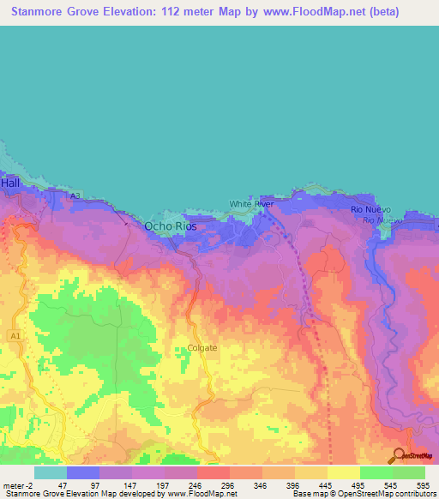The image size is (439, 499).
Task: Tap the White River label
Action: (251, 204)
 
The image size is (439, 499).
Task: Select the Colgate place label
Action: (202, 347)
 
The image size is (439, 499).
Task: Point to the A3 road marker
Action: (75, 196)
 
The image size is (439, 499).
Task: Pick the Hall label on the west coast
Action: (10, 183)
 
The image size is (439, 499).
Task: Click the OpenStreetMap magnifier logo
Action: (400, 455)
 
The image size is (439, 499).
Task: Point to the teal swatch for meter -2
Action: (50, 472)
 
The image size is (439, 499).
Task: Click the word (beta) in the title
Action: (402, 13)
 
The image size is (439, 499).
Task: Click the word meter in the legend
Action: (15, 484)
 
